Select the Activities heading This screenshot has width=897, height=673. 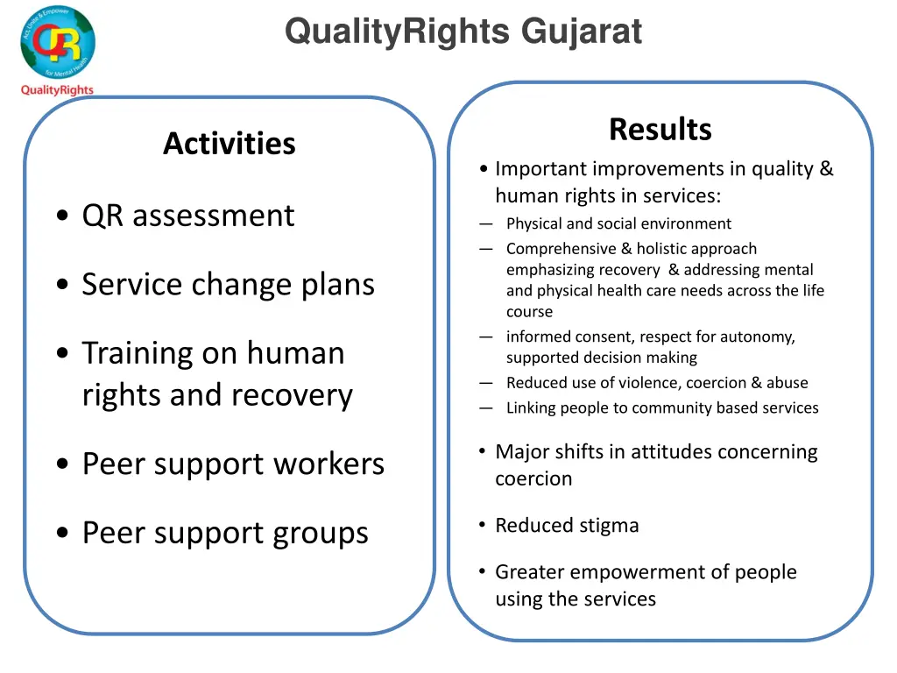(x=229, y=143)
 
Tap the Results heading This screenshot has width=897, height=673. (x=660, y=129)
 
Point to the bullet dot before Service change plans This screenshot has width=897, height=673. (x=61, y=286)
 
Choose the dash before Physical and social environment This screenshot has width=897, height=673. (x=486, y=223)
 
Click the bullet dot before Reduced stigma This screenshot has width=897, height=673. (x=483, y=524)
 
